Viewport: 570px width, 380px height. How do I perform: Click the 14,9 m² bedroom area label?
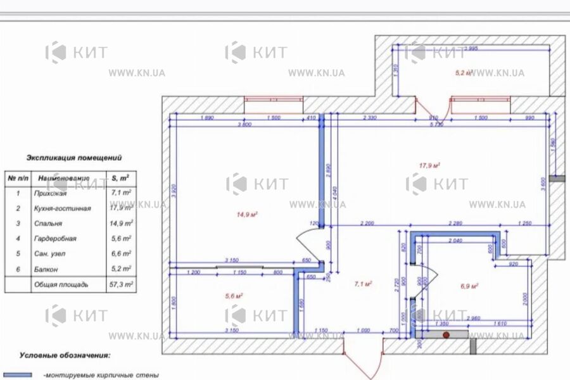[246, 215]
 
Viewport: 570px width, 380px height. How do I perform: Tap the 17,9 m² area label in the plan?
[429, 166]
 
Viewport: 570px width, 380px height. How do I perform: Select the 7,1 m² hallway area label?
[363, 284]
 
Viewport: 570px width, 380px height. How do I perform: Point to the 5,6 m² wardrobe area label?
[234, 295]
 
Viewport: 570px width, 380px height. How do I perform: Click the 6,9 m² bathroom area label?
[469, 286]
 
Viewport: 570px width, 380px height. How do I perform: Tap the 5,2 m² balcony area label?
[464, 73]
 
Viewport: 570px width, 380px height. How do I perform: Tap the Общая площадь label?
[61, 285]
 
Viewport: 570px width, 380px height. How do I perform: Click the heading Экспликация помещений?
[73, 158]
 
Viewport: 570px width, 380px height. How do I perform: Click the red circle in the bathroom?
[446, 334]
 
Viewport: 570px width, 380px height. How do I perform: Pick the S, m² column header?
[121, 178]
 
